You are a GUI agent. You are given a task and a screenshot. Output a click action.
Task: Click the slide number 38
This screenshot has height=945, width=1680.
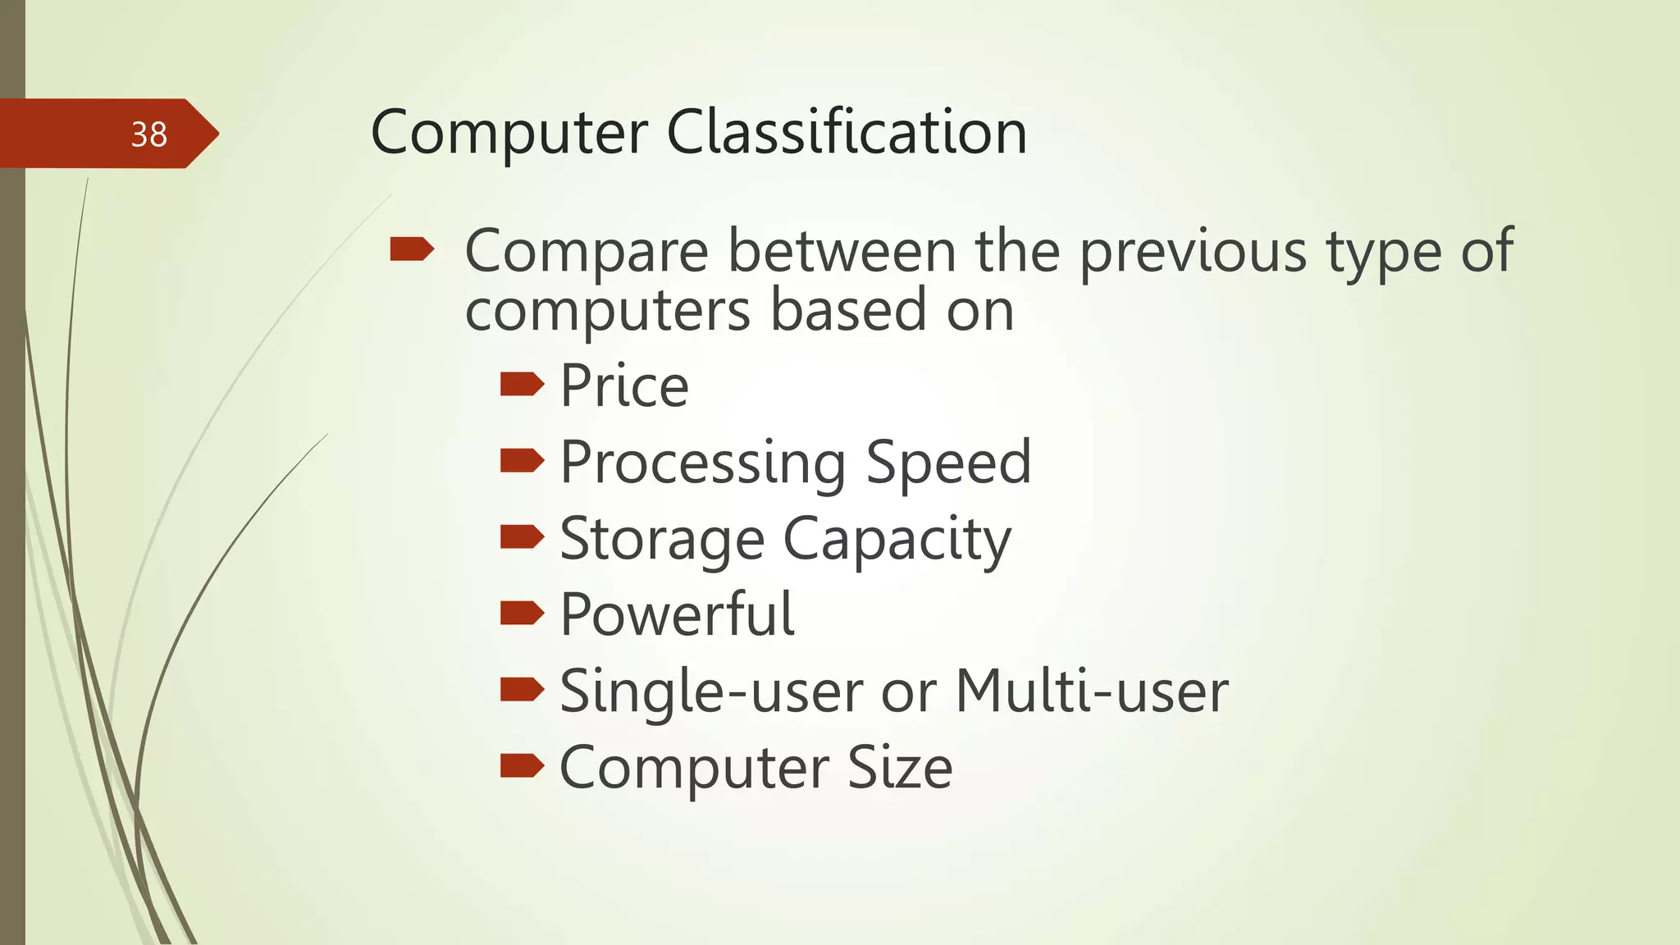click(148, 135)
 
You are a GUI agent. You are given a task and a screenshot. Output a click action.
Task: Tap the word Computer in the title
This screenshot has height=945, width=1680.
click(509, 134)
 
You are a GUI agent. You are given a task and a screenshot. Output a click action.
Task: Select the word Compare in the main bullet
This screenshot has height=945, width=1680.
click(587, 251)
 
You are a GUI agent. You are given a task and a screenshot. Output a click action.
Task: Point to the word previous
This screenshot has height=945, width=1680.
click(1192, 251)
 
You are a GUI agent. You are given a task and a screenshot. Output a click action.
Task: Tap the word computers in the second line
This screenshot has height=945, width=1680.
click(608, 312)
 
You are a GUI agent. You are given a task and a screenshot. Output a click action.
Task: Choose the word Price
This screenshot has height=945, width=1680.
click(624, 386)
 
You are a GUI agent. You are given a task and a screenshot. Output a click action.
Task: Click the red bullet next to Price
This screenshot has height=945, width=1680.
click(522, 384)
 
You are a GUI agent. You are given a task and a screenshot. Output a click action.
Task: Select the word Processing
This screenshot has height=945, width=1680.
click(703, 463)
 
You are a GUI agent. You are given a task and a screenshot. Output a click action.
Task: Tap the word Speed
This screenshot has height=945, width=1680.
click(948, 463)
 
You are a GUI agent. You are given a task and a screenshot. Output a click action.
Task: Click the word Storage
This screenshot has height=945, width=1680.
click(662, 540)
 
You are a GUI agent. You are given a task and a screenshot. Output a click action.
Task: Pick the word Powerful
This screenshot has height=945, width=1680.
click(677, 614)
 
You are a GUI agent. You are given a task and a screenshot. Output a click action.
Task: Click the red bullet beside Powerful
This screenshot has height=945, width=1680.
click(522, 613)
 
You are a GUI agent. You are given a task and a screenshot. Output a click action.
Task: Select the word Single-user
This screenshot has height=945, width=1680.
click(710, 692)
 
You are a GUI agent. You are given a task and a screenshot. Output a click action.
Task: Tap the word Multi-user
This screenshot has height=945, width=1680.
click(1092, 691)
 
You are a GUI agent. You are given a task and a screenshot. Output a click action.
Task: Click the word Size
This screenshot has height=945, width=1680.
click(900, 768)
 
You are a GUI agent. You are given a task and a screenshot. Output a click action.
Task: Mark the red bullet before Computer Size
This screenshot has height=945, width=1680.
click(522, 765)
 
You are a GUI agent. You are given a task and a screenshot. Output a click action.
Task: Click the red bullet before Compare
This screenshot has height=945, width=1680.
click(412, 249)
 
